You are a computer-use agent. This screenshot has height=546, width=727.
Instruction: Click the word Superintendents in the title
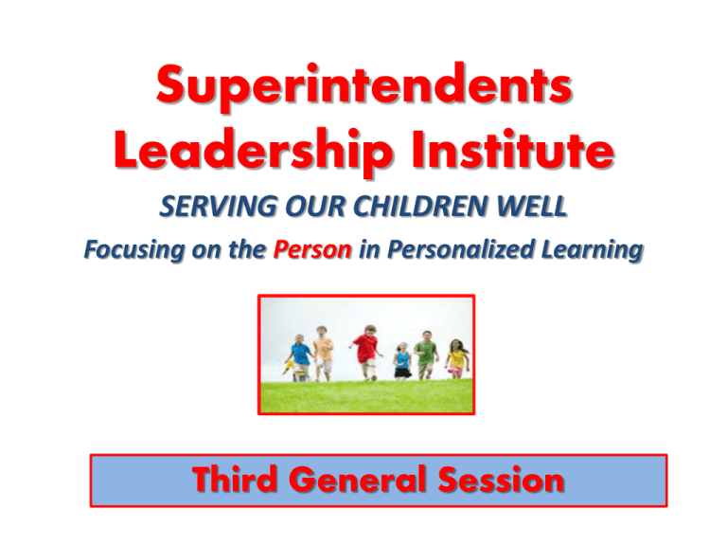point(363,85)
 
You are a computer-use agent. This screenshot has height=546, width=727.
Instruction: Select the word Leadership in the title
point(253,150)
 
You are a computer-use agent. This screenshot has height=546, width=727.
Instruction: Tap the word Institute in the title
point(513,148)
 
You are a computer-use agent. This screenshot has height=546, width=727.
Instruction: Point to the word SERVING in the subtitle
point(218,206)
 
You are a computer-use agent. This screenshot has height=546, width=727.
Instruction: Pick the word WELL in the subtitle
point(532,206)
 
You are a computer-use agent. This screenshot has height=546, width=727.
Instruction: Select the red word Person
point(312,249)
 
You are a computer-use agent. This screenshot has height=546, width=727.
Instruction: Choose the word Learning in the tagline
point(592,250)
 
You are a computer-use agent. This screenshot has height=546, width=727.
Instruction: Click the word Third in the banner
point(235,479)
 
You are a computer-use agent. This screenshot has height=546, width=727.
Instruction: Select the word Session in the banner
point(501,479)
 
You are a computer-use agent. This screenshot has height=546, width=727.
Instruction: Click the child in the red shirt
point(366,352)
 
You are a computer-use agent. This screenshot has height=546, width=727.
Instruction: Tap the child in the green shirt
point(426,355)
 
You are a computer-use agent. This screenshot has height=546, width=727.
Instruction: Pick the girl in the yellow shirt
point(456,358)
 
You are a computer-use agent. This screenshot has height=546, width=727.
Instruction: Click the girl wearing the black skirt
point(403,361)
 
